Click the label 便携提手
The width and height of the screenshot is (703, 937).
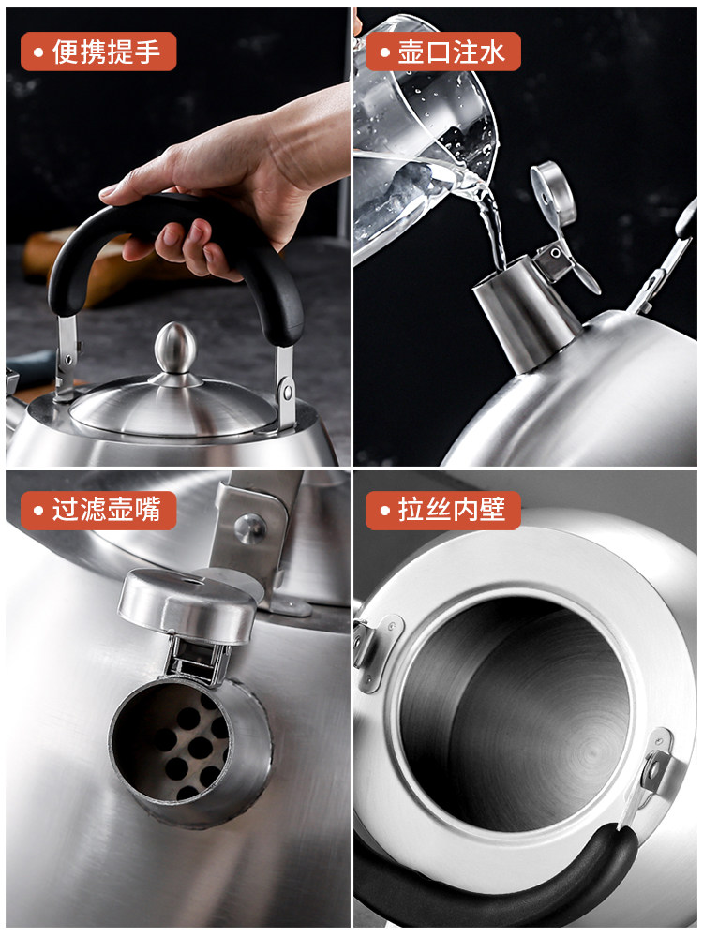click(x=106, y=52)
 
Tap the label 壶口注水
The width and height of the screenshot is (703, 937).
click(x=452, y=52)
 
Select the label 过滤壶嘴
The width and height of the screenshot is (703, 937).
click(x=106, y=510)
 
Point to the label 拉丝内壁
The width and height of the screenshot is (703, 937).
click(x=452, y=510)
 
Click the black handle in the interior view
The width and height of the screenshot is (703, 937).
click(x=496, y=879)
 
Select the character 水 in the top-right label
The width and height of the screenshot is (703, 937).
click(x=492, y=52)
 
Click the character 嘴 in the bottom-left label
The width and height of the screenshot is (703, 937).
click(x=146, y=510)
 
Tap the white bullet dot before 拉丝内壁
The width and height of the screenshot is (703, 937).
click(x=385, y=511)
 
